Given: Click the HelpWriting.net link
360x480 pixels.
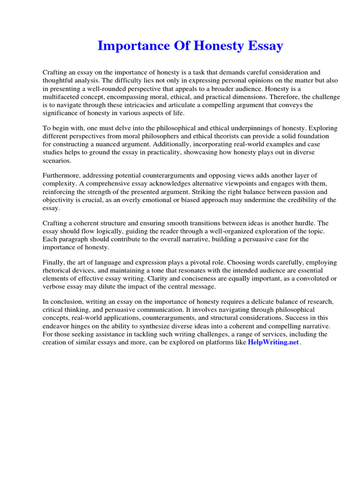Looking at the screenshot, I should pos(273,342).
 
